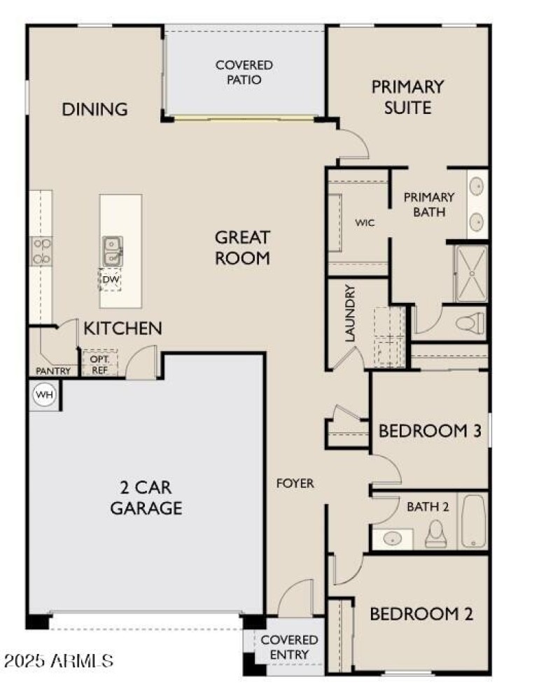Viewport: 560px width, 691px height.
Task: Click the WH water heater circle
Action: tap(45, 395)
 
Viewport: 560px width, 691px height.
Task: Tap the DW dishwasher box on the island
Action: tap(110, 279)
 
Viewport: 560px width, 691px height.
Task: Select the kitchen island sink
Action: tap(112, 250)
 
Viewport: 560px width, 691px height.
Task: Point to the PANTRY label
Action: tap(52, 371)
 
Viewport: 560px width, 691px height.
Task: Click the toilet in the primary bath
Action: tap(470, 323)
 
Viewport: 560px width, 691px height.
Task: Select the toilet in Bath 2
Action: tap(437, 534)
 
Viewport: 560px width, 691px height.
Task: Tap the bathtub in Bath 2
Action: tap(473, 522)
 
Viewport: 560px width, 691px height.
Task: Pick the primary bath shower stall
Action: tap(471, 273)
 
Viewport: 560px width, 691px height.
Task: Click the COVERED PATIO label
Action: tap(244, 72)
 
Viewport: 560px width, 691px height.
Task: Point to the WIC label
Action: tap(365, 223)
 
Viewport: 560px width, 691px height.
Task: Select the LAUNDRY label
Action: tap(351, 313)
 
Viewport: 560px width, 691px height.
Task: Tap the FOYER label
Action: tap(295, 483)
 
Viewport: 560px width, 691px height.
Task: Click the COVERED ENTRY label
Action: tap(289, 647)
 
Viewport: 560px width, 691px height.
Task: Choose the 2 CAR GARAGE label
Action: tap(146, 497)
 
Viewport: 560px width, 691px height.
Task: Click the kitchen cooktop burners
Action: tap(41, 251)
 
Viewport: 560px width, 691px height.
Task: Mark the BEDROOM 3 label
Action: tap(429, 431)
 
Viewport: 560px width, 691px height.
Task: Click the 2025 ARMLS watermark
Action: tap(58, 660)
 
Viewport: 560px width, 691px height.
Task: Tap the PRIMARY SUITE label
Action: tap(407, 97)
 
